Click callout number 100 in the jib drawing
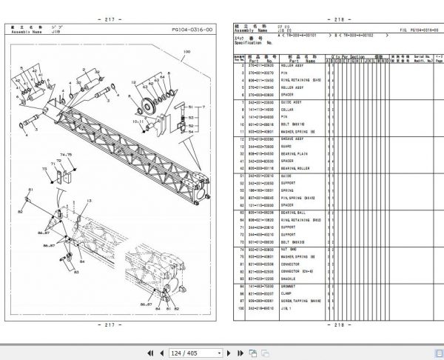(186, 51)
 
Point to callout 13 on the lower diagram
(89, 200)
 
